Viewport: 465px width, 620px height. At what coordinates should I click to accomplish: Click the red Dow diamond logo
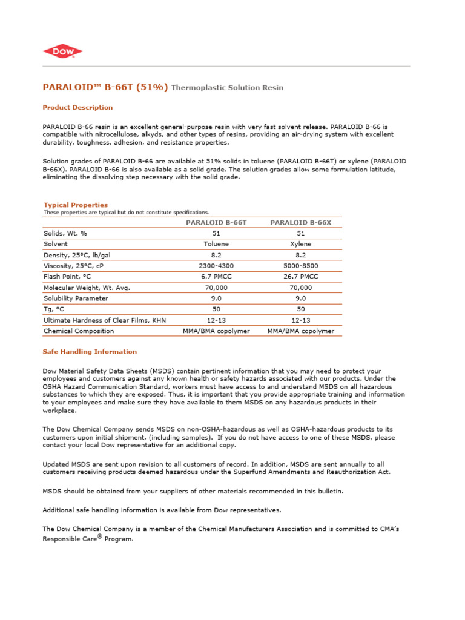tap(62, 52)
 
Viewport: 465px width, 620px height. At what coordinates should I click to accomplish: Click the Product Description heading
tap(77, 107)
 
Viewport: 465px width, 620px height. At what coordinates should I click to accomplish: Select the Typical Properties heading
tap(76, 205)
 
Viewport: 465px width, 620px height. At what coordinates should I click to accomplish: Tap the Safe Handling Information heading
tap(90, 351)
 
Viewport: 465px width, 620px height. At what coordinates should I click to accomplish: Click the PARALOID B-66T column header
tap(216, 222)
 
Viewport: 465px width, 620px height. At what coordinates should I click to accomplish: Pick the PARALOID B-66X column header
tap(300, 222)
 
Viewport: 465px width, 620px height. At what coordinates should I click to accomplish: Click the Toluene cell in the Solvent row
tap(216, 244)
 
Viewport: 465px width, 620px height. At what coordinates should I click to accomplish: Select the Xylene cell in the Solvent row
tap(300, 244)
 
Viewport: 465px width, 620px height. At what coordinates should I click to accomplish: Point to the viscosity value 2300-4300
tap(216, 266)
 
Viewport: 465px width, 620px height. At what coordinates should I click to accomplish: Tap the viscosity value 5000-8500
tap(300, 266)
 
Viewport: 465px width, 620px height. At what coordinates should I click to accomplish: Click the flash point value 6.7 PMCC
tap(216, 277)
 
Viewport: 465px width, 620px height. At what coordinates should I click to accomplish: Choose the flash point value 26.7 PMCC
tap(300, 277)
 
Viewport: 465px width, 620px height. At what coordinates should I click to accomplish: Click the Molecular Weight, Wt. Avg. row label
tap(87, 288)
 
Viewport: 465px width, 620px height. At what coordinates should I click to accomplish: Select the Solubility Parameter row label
tap(76, 298)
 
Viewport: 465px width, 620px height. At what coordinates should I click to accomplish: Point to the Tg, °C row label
tap(54, 309)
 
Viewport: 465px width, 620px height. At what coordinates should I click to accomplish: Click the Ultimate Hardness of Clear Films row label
tap(104, 320)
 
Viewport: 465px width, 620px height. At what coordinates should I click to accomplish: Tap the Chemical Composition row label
tap(79, 331)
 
